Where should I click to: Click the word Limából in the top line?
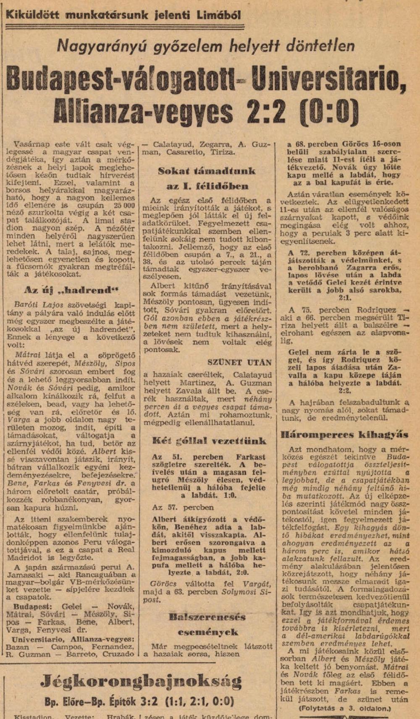click(219, 16)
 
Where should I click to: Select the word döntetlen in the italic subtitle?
click(322, 45)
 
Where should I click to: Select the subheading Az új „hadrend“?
click(71, 290)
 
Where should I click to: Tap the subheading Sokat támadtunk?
click(207, 171)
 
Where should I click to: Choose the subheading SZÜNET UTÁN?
click(239, 362)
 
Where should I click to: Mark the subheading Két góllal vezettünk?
click(209, 441)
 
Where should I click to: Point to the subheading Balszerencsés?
click(207, 617)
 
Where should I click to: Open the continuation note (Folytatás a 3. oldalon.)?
click(344, 709)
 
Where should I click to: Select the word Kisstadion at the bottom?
click(34, 716)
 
